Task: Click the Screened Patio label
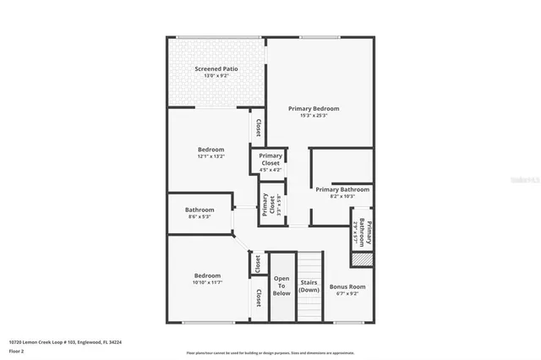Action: click(216, 68)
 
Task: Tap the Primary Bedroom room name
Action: click(314, 108)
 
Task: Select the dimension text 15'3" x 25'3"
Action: click(314, 116)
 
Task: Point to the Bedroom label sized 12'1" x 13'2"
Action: click(210, 150)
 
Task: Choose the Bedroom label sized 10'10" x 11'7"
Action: click(207, 275)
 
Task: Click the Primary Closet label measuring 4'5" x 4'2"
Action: click(270, 159)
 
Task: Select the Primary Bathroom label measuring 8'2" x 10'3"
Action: click(342, 189)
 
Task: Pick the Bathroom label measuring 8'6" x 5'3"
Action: click(199, 210)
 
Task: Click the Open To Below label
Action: click(281, 286)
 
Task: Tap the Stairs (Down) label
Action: click(309, 286)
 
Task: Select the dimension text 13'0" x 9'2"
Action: click(216, 76)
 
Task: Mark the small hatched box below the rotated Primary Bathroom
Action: click(362, 260)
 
